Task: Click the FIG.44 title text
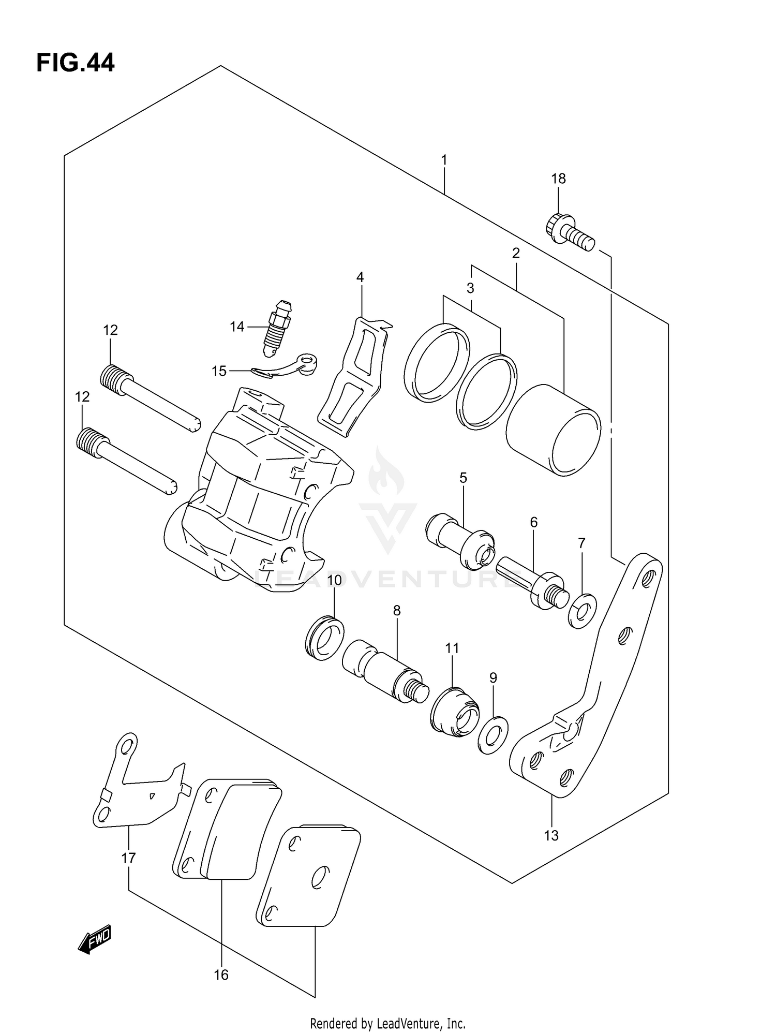click(76, 63)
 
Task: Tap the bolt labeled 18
click(569, 234)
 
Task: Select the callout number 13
click(551, 835)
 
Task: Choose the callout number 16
click(221, 975)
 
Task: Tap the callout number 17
click(128, 858)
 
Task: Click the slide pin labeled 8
click(385, 670)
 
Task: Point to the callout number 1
click(444, 160)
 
